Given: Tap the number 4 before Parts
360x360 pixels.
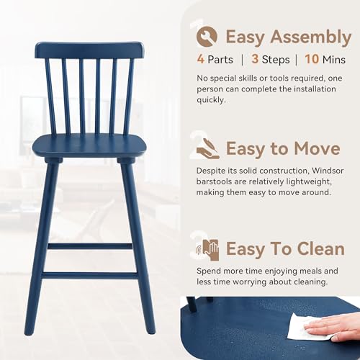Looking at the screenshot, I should point(200,60).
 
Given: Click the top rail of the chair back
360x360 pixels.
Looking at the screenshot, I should point(89,50).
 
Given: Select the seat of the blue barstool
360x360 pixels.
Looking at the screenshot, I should point(89,145).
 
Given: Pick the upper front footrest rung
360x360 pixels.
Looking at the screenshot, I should point(89,246).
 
